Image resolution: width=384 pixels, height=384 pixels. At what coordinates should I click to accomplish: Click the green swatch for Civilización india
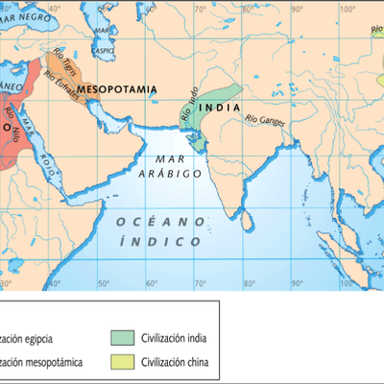(121, 337)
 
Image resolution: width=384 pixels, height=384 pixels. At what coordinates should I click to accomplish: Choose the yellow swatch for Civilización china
(121, 362)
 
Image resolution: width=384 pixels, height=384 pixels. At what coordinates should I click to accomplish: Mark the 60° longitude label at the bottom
(151, 284)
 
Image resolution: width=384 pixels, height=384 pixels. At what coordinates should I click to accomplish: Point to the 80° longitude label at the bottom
(249, 284)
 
